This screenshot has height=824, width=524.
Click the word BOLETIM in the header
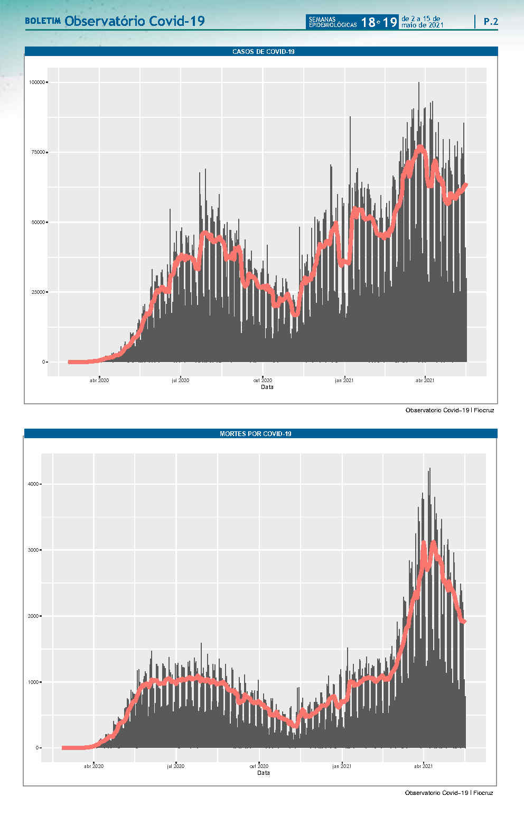[43, 22]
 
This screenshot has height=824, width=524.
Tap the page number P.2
[491, 22]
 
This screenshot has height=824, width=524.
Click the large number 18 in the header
[368, 22]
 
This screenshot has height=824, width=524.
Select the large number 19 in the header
[390, 22]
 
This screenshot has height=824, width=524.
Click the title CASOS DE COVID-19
[263, 52]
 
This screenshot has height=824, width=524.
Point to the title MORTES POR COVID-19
[256, 434]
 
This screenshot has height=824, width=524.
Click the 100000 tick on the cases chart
[38, 82]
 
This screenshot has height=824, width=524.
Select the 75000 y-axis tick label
[39, 152]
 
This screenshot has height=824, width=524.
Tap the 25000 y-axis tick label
[39, 292]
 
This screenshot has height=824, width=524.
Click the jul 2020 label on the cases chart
[180, 380]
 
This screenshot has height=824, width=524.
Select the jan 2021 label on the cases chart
[344, 380]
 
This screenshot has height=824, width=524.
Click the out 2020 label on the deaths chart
[259, 766]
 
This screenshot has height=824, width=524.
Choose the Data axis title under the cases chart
[267, 387]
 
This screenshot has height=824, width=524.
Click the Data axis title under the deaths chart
[264, 773]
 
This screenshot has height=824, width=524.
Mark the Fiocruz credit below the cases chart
[484, 410]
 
